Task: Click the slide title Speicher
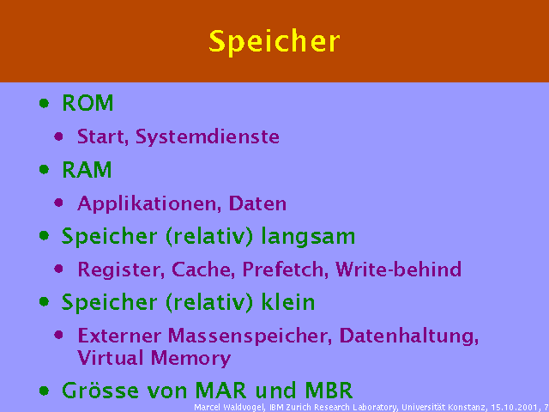pos(274,41)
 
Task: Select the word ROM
pos(87,104)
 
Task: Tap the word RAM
pos(87,170)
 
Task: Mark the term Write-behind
pos(399,270)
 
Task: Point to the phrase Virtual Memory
pos(154,358)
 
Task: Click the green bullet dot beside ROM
pos(44,103)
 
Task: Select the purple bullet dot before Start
pos(59,136)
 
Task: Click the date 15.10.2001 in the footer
pos(516,407)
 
